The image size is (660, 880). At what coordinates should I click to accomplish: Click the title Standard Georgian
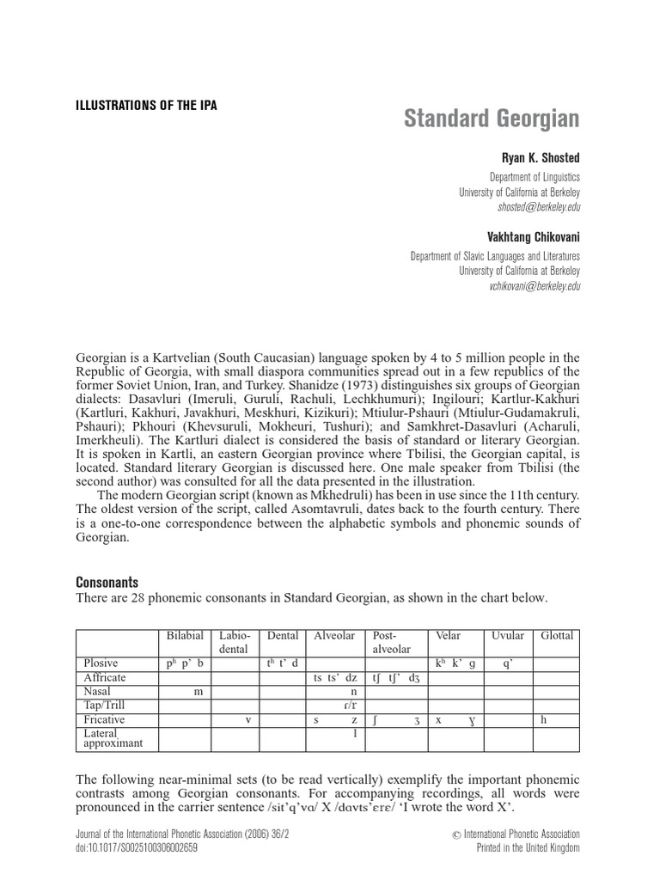[x=492, y=119]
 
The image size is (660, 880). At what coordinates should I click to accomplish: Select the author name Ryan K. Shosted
[x=541, y=159]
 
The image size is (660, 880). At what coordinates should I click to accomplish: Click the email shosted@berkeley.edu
[x=539, y=208]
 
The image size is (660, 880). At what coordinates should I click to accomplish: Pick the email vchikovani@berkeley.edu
[x=534, y=286]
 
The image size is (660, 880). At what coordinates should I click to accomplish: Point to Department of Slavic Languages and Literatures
[x=495, y=256]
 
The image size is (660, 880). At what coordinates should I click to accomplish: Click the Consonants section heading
[x=107, y=582]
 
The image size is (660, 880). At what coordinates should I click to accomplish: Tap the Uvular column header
[x=507, y=636]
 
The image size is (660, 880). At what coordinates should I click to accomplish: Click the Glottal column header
[x=556, y=636]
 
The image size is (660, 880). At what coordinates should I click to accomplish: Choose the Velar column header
[x=449, y=636]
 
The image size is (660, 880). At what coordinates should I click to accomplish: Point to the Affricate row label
[x=105, y=678]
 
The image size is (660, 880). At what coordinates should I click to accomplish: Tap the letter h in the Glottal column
[x=544, y=719]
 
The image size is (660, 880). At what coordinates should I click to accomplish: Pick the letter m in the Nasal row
[x=198, y=692]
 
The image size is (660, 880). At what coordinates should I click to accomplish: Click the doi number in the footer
[x=136, y=848]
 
